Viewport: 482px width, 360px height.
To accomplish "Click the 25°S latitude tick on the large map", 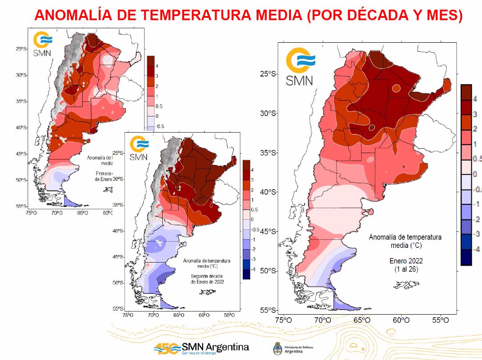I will point(268,74).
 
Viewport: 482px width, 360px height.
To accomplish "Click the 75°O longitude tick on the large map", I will point(283,320).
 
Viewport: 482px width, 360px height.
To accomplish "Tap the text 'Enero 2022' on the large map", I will point(405,261).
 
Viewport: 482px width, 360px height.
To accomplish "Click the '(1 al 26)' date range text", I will point(405,269).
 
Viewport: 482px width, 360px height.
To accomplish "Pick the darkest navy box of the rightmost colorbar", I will point(466,257).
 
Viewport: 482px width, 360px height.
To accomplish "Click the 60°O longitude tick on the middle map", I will point(204,315).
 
